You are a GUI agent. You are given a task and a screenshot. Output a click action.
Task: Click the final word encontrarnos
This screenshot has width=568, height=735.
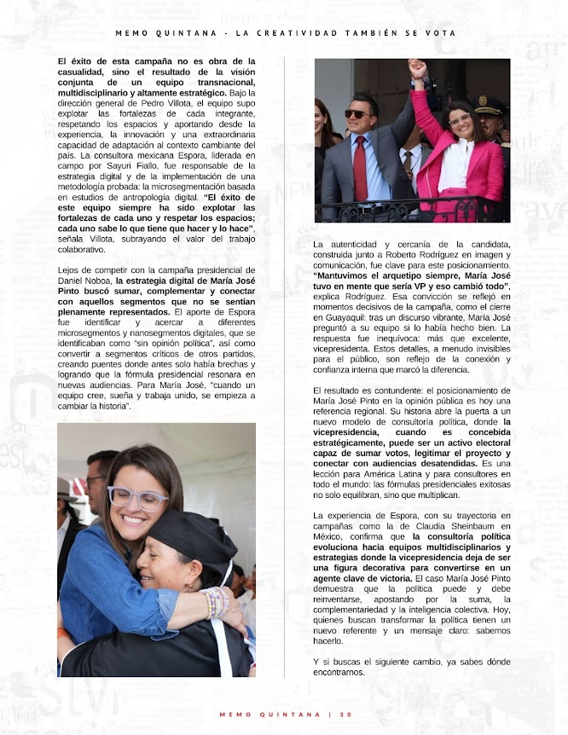coord(339,671)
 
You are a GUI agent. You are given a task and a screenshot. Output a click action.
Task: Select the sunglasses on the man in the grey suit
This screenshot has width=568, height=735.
coord(358,113)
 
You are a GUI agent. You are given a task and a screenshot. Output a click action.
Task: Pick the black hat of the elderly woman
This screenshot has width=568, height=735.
coord(192,536)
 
